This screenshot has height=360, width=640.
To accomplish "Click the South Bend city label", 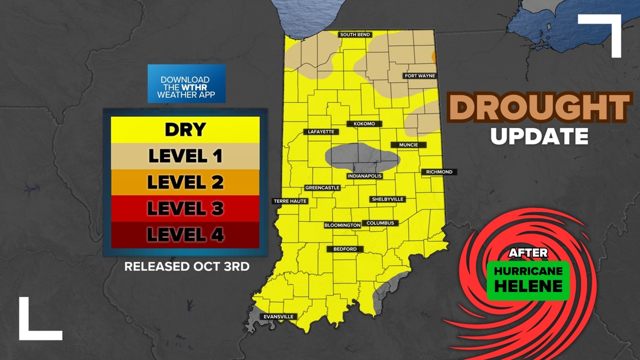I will (x=355, y=35).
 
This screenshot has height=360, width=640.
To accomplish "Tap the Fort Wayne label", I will (x=420, y=76).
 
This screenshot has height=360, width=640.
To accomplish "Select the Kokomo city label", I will (x=364, y=124).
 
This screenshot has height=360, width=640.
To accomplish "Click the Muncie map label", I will (x=408, y=145).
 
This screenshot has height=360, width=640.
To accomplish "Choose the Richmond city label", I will (x=439, y=172).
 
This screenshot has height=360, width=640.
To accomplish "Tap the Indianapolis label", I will (x=364, y=176).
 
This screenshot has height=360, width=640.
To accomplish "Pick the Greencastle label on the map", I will (x=322, y=188).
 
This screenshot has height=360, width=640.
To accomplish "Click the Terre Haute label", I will (x=290, y=201).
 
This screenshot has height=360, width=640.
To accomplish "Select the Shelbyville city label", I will (x=387, y=199).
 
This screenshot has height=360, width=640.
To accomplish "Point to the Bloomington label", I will (x=342, y=225).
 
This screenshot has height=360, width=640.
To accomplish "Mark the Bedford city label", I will (x=345, y=249).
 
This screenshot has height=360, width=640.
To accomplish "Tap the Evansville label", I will (x=278, y=317).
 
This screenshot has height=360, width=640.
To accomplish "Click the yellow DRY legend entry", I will (x=185, y=130).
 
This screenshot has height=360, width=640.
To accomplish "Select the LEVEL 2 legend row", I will (x=185, y=182).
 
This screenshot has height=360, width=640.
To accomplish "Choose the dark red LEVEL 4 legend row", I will (x=185, y=235).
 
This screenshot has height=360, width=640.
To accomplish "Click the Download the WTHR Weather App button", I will (x=186, y=84).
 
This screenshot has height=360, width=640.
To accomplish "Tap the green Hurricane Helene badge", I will (x=528, y=279).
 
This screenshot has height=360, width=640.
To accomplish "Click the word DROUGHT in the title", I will (x=538, y=108).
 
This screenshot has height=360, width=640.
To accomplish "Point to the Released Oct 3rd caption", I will (x=186, y=266).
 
